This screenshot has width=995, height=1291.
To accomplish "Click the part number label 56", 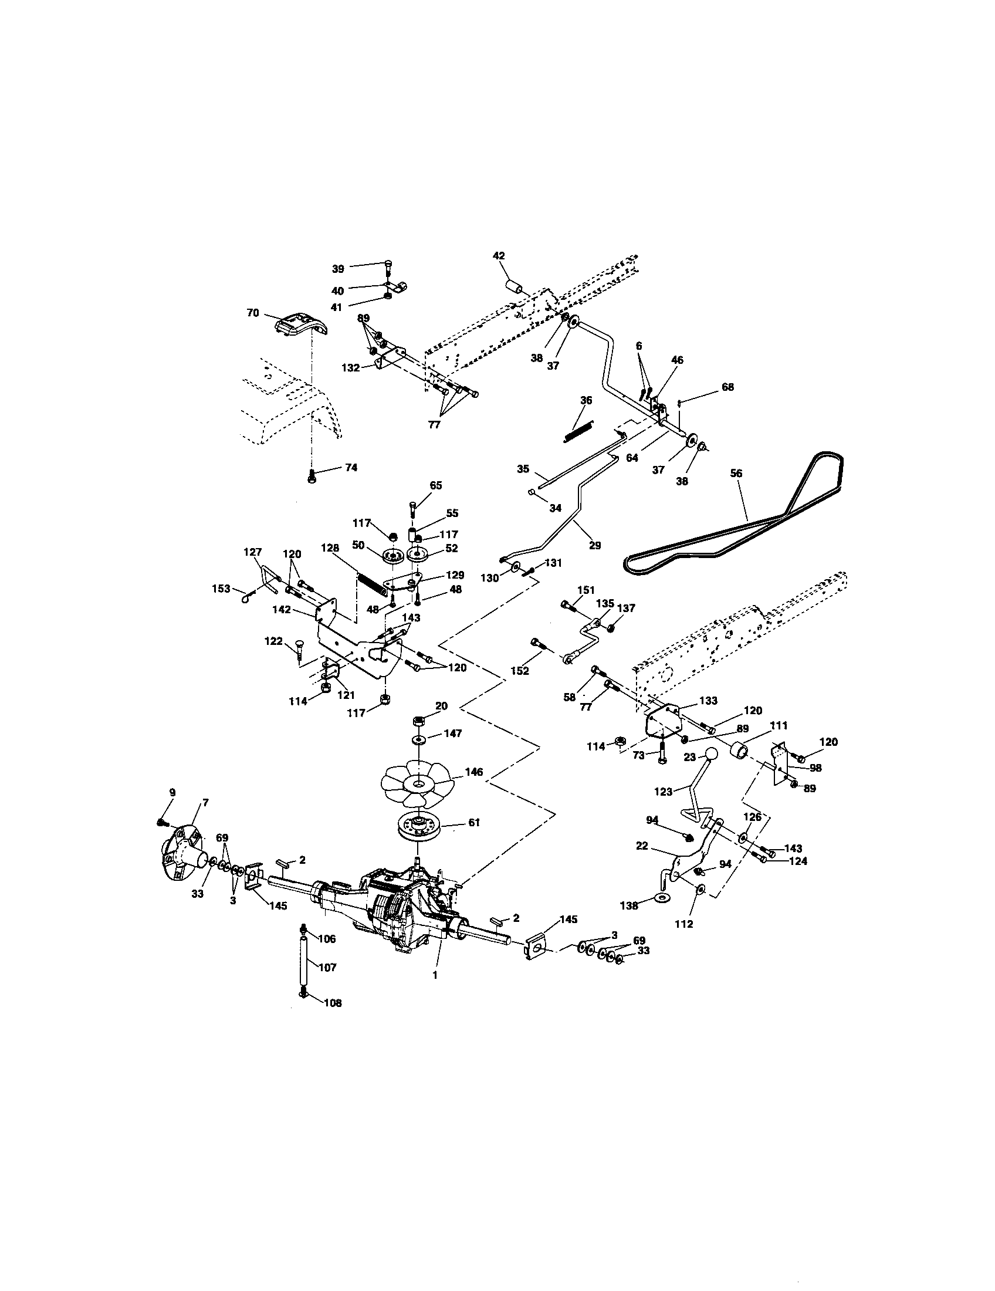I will (736, 473).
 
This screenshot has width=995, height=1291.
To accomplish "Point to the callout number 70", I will (253, 313).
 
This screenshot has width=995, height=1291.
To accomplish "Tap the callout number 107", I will (327, 967).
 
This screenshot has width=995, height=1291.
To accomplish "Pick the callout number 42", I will (499, 255).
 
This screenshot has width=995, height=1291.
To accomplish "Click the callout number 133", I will (708, 701).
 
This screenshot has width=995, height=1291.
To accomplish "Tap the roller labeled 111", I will (739, 752).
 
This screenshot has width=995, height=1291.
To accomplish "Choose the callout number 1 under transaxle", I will (435, 975).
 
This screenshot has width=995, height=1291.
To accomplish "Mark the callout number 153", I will (221, 589).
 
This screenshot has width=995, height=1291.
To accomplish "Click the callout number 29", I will (595, 545).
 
